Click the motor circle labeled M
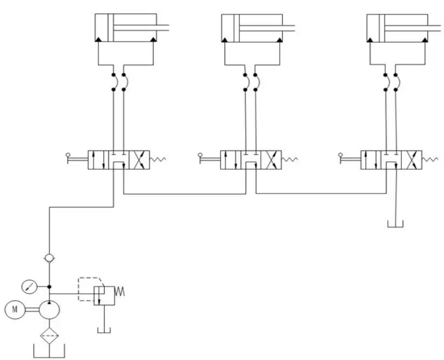[14, 310]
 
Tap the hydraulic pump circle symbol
[50, 310]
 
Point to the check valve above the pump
[50, 258]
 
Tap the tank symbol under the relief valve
[104, 330]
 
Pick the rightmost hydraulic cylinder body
[398, 28]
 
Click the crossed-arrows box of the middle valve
[273, 160]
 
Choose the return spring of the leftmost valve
[158, 159]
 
